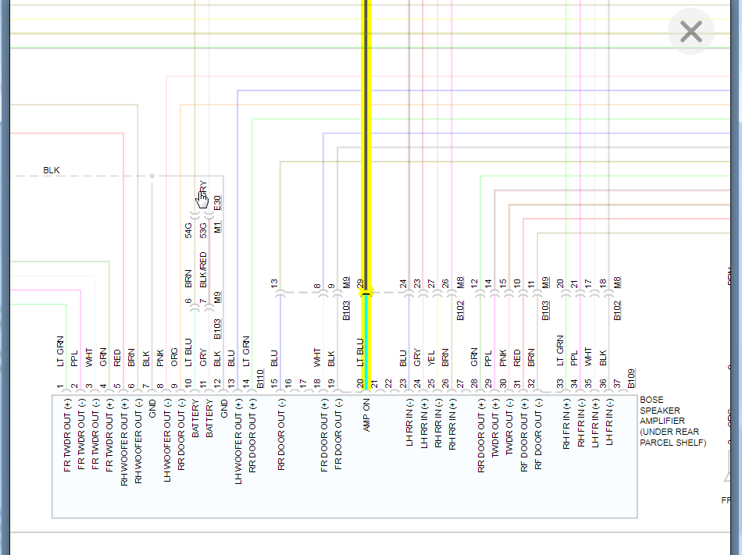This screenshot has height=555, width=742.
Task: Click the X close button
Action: [x=691, y=31]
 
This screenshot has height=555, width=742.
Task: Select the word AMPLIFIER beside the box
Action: [x=662, y=422]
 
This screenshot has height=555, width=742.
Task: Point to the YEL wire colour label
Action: [x=431, y=358]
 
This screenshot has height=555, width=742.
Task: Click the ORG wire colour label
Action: [x=173, y=357]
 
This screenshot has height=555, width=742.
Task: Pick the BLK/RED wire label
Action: [x=203, y=270]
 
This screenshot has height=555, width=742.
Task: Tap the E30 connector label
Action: [x=217, y=203]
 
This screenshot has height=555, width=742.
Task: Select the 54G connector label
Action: [x=188, y=229]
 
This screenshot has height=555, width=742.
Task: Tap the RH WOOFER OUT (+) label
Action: [x=124, y=441]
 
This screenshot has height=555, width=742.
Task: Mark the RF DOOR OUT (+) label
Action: [x=523, y=435]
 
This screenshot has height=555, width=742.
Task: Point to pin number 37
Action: [x=616, y=383]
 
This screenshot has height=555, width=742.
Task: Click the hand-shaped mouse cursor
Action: [x=202, y=200]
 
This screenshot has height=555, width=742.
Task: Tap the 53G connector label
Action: [x=202, y=229]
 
